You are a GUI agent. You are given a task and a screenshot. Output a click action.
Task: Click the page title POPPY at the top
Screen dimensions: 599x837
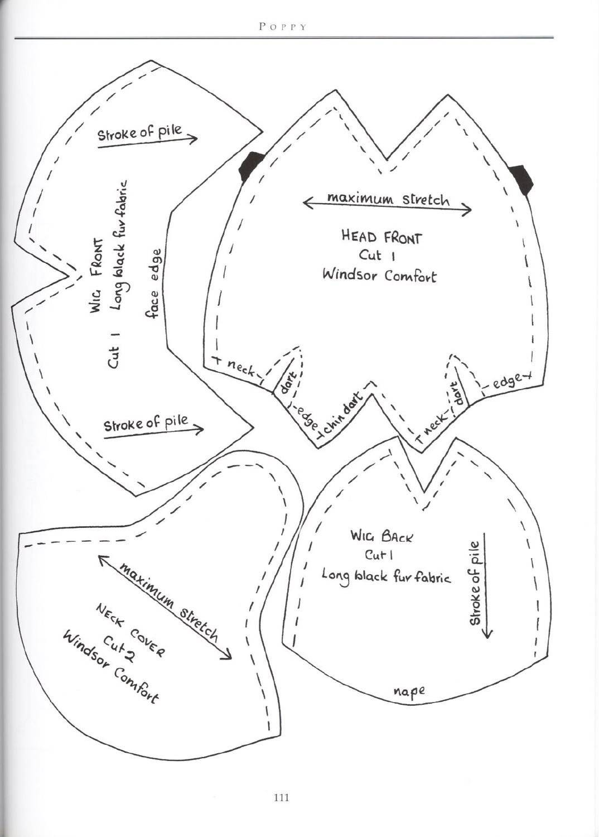click(x=283, y=27)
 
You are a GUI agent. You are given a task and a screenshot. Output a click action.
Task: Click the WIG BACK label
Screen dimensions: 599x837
click(x=381, y=537)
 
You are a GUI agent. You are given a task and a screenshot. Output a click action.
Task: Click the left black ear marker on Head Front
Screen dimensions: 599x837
click(x=251, y=165)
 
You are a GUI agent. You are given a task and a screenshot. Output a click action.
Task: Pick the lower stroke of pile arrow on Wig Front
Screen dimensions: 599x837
click(x=154, y=432)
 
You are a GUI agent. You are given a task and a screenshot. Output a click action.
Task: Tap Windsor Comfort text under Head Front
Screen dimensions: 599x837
click(x=379, y=276)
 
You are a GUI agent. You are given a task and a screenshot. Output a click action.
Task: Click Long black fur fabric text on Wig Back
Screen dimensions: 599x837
click(x=387, y=577)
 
